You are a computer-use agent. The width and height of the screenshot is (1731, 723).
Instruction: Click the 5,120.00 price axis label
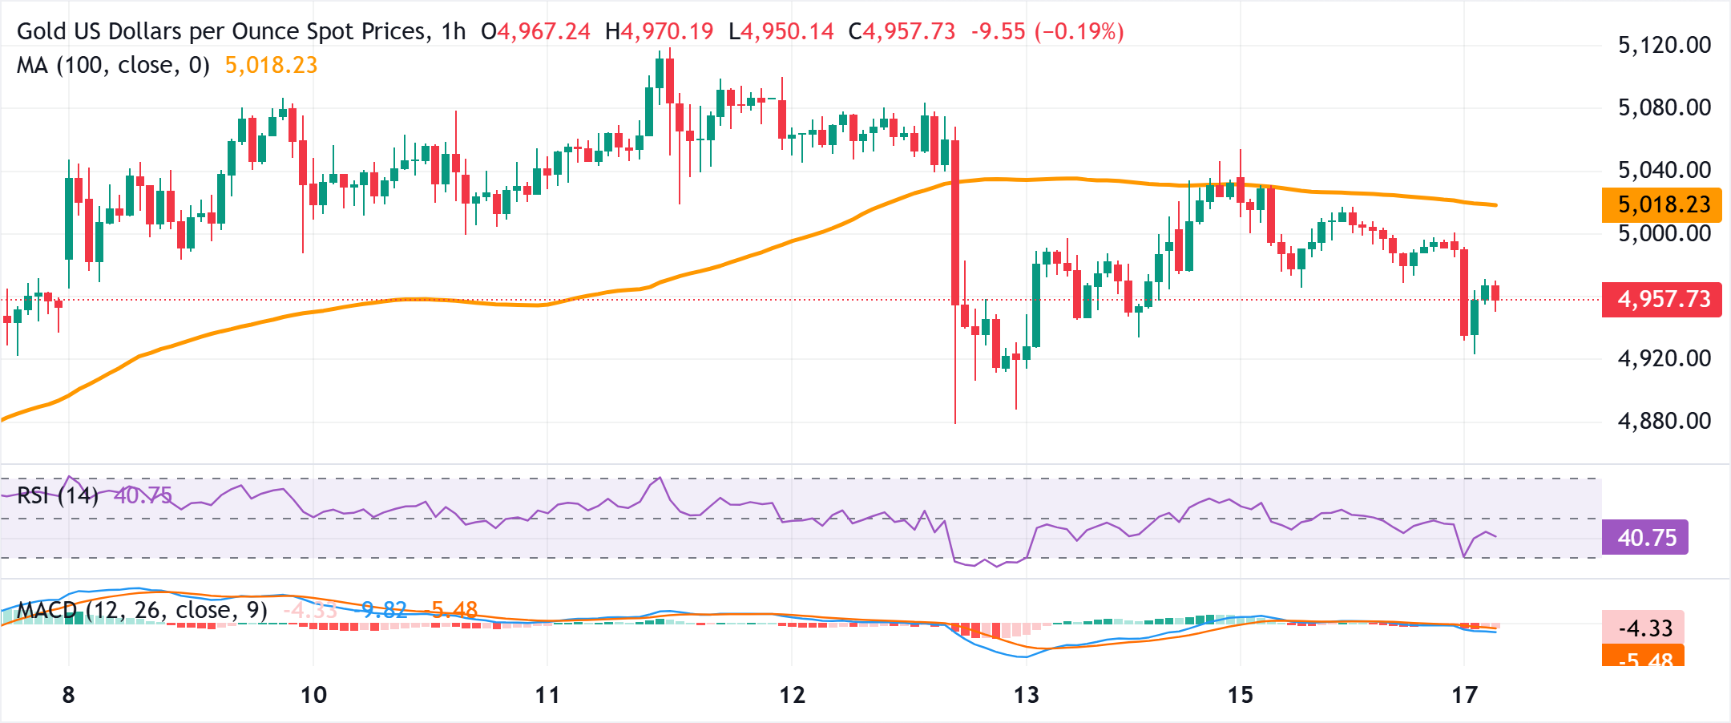1664,45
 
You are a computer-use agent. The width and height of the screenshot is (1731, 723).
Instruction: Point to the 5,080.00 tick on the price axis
1664,107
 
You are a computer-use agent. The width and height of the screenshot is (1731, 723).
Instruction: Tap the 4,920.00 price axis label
1664,358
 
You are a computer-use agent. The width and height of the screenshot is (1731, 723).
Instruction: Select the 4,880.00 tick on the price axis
1664,421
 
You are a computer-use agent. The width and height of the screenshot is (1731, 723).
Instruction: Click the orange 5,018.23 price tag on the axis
1661,204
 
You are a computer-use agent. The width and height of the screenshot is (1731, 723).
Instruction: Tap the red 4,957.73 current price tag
1661,300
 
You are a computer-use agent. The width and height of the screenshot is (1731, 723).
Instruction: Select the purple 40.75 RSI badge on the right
1645,537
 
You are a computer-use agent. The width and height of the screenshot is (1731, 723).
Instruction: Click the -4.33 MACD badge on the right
1644,628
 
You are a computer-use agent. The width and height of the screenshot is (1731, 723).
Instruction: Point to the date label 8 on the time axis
69,695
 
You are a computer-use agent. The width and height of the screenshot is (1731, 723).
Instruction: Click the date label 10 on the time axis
313,695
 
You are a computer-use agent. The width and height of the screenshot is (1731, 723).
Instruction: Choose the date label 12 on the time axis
792,695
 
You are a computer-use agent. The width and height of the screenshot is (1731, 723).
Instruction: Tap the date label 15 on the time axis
1240,695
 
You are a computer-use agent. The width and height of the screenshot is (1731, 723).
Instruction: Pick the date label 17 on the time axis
1464,695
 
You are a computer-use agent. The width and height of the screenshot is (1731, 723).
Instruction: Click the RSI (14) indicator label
58,495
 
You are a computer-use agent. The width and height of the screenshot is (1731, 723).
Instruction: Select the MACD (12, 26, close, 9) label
143,610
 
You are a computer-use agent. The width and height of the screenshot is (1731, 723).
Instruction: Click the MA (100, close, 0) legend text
113,65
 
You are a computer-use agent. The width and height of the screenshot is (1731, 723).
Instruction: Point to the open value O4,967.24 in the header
535,31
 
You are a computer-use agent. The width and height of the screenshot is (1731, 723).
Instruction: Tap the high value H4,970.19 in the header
659,31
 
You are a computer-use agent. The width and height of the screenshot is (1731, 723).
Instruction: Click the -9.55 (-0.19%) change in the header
1047,31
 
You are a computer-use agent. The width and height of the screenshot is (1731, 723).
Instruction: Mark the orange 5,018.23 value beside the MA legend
271,65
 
